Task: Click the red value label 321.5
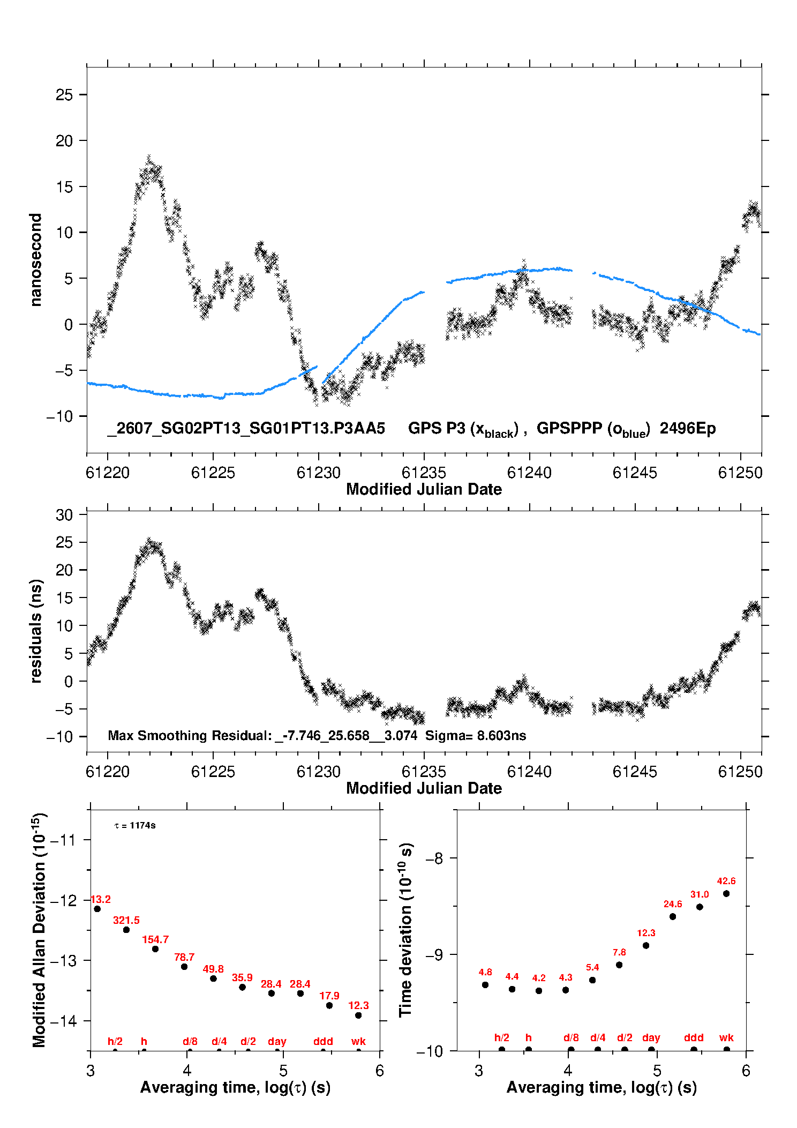[x=126, y=920]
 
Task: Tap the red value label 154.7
[x=155, y=939]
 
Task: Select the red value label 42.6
[x=726, y=881]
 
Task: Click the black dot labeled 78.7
[x=184, y=967]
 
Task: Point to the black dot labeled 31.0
[x=700, y=907]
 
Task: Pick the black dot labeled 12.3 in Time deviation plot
[x=646, y=945]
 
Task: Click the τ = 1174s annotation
[x=135, y=826]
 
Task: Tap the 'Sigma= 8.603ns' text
[x=476, y=735]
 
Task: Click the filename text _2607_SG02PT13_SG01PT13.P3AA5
[x=246, y=428]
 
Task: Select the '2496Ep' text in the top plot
[x=688, y=428]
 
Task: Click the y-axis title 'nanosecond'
[x=35, y=260]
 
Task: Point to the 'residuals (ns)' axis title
[x=35, y=631]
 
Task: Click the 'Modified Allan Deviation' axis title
[x=39, y=930]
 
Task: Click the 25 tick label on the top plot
[x=64, y=95]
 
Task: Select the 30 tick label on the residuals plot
[x=64, y=515]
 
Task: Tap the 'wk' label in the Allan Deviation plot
[x=358, y=1041]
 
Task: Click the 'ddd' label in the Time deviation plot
[x=694, y=1037]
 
